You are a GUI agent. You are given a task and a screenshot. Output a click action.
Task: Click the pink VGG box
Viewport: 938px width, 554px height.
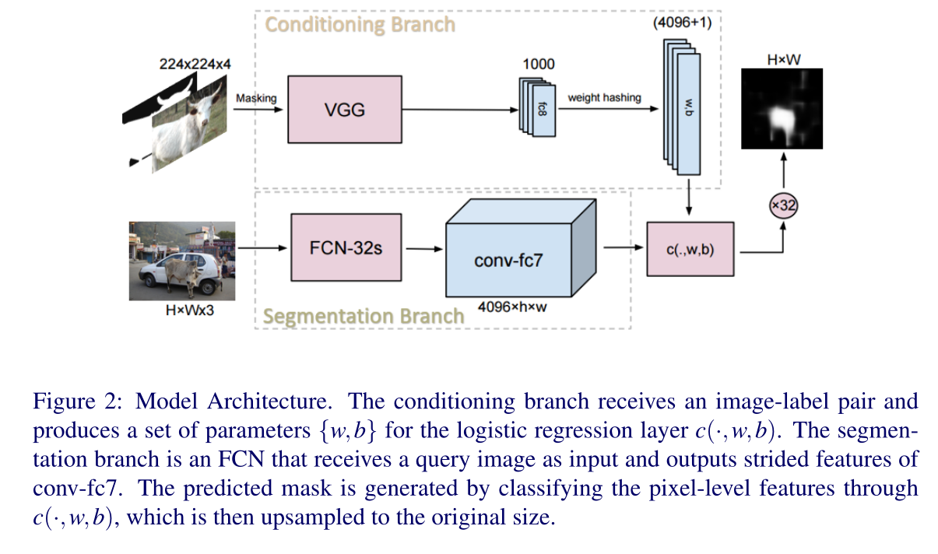(345, 109)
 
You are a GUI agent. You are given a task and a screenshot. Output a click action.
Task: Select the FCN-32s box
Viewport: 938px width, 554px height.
(345, 248)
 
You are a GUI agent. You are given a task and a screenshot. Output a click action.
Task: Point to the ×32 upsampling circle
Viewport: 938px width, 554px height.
(784, 206)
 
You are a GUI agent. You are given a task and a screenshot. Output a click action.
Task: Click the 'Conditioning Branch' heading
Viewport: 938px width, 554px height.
(360, 24)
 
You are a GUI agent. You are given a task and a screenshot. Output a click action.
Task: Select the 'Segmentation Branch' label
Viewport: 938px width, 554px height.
(363, 317)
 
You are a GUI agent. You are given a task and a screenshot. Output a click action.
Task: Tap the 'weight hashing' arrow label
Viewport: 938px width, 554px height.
(604, 97)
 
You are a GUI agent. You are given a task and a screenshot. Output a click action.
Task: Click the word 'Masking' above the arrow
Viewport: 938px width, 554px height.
(256, 98)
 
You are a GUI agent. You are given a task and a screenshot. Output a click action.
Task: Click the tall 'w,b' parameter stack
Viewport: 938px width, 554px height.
(685, 109)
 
